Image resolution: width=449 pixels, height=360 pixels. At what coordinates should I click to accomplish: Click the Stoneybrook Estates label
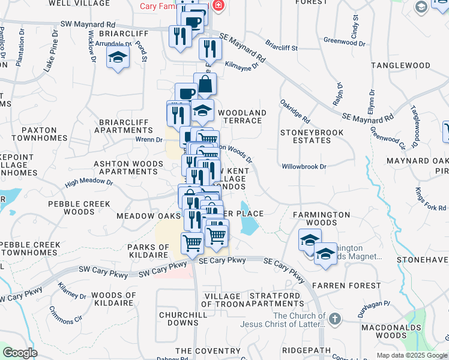coord(312,136)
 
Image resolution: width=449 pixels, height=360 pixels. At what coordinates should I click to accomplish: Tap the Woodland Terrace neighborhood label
coord(242,116)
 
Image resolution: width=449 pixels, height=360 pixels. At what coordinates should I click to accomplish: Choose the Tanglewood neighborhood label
coord(400,65)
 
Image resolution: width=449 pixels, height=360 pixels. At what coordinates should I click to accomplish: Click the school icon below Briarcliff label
coord(118,58)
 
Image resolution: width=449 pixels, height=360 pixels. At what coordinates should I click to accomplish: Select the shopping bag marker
coord(205,84)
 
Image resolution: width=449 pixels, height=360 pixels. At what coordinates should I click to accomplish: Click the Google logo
coord(20,353)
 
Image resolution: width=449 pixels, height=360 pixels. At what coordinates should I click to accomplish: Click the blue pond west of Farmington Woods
coord(247,225)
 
